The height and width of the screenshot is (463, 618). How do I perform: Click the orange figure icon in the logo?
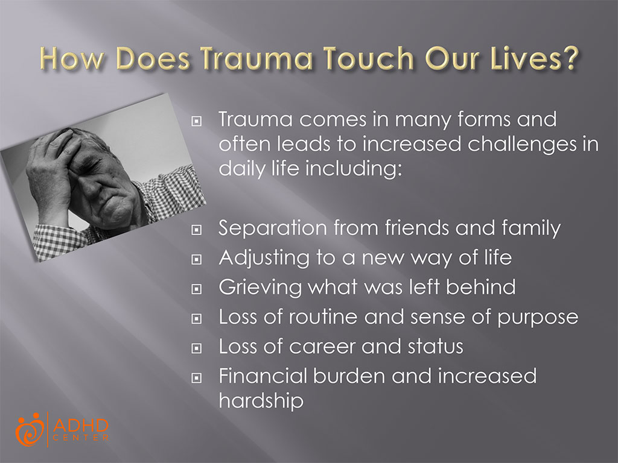coord(30,429)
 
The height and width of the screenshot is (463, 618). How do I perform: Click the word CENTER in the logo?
coord(81,438)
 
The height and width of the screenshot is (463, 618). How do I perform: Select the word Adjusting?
coord(259,257)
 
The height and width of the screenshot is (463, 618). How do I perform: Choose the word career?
coord(325,346)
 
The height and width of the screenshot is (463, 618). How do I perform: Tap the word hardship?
coord(261,401)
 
